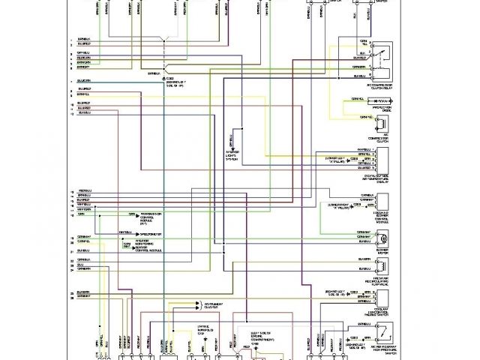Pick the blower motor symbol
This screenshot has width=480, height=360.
[382, 238]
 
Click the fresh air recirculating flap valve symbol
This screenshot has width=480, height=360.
[382, 264]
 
